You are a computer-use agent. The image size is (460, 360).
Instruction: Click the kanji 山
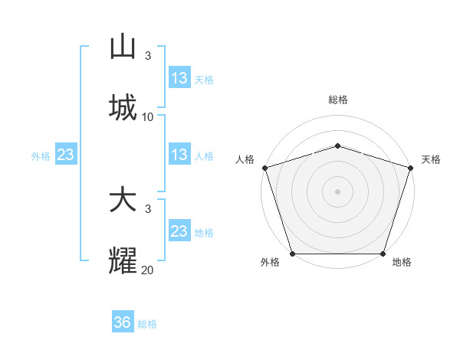point(123,47)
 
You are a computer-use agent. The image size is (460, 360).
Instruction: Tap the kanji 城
point(123,108)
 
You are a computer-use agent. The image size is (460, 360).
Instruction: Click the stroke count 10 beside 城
point(148,117)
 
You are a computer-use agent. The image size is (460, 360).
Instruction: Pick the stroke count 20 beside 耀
point(148,270)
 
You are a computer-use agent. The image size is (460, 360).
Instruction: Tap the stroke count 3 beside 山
point(148,56)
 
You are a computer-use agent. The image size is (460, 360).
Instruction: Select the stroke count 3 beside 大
point(148,209)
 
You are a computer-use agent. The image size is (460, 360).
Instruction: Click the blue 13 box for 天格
point(179,78)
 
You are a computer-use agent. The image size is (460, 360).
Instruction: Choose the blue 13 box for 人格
point(179,155)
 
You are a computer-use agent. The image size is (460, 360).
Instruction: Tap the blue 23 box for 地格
point(179,231)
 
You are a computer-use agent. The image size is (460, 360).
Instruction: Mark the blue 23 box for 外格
point(66,155)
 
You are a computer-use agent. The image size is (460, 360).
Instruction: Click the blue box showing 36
point(123,322)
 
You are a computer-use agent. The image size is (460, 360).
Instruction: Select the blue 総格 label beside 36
point(147,324)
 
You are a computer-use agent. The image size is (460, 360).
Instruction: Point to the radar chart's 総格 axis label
point(337,100)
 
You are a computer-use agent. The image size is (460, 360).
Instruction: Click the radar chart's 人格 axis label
point(245,159)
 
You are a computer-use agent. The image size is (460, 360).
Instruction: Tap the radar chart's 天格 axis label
point(431,159)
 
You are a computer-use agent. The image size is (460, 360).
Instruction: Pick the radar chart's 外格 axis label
point(270,263)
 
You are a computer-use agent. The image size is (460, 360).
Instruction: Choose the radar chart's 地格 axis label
point(402,263)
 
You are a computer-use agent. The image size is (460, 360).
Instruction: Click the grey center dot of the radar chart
point(337,191)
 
